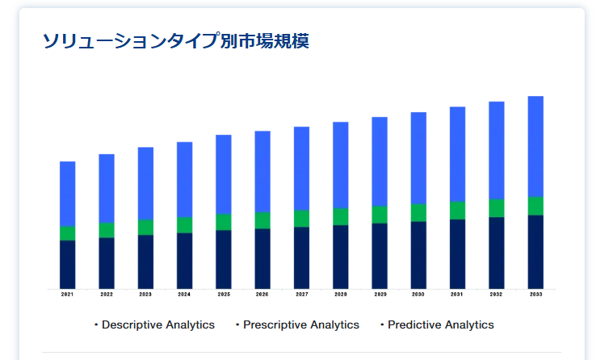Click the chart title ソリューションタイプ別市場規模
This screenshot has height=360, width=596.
click(x=175, y=40)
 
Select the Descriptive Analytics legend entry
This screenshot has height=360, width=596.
click(x=154, y=324)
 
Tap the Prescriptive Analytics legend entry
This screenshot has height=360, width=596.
click(x=297, y=324)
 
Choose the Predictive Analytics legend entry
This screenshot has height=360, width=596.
click(x=437, y=324)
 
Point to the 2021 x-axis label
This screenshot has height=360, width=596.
click(x=67, y=295)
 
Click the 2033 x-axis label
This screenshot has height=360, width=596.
click(x=535, y=295)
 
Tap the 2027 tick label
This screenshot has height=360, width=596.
click(x=302, y=295)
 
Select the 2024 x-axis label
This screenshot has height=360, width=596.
click(x=184, y=295)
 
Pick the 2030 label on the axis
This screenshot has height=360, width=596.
click(x=418, y=295)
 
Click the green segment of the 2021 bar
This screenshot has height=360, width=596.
click(x=67, y=233)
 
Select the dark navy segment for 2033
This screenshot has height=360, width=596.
click(x=535, y=252)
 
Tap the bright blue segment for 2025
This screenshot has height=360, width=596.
click(x=224, y=174)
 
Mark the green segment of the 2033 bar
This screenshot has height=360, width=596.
click(x=535, y=206)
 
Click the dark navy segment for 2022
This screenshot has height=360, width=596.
click(x=107, y=264)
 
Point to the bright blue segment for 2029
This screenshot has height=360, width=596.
click(x=380, y=161)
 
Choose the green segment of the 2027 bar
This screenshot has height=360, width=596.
click(x=302, y=219)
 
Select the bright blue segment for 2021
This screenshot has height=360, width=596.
click(x=67, y=194)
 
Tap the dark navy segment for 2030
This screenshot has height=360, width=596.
click(x=418, y=255)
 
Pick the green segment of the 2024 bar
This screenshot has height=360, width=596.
click(x=184, y=225)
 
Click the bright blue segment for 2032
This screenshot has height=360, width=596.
click(x=497, y=150)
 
